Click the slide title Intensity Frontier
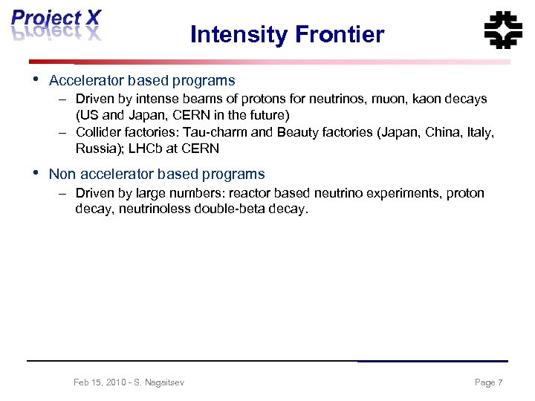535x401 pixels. point(287,34)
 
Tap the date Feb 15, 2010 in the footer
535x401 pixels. point(98,382)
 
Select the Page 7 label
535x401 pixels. point(488,382)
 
